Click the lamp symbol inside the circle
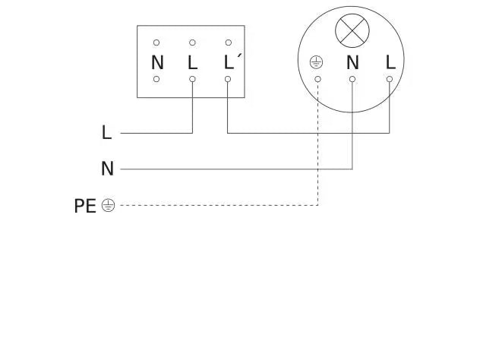pyautogui.click(x=352, y=30)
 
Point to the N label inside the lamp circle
pyautogui.click(x=352, y=62)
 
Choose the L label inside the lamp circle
pyautogui.click(x=390, y=62)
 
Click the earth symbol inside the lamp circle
pyautogui.click(x=317, y=62)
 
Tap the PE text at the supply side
pyautogui.click(x=84, y=205)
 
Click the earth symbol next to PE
pyautogui.click(x=108, y=205)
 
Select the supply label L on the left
pyautogui.click(x=106, y=133)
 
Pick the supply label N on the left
pyautogui.click(x=107, y=169)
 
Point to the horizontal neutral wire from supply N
pyautogui.click(x=235, y=169)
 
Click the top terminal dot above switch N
pyautogui.click(x=156, y=43)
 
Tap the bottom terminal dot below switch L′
pyautogui.click(x=228, y=79)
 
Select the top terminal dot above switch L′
pyautogui.click(x=228, y=43)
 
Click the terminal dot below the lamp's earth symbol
pyautogui.click(x=317, y=79)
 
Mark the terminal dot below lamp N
pyautogui.click(x=352, y=79)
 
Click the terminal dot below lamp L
pyautogui.click(x=390, y=79)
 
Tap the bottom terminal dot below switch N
pyautogui.click(x=156, y=79)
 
